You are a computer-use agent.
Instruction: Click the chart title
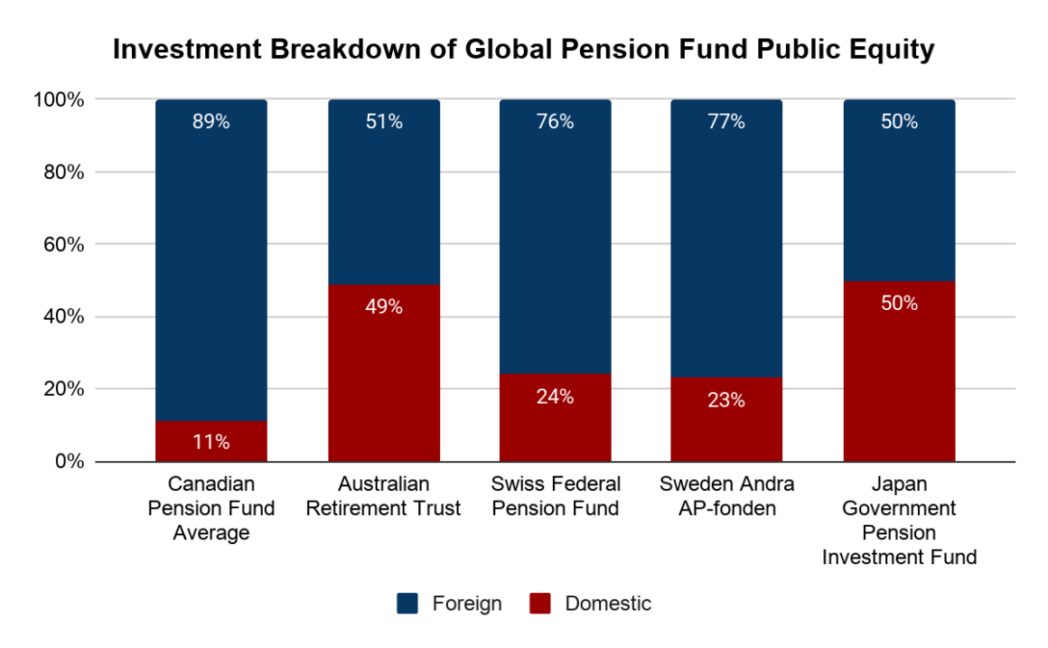pos(523,51)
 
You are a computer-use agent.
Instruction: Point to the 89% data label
pos(211,122)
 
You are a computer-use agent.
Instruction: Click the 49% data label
pos(384,307)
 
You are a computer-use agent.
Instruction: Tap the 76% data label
pos(555,122)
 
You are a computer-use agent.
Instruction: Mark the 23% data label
pos(726,400)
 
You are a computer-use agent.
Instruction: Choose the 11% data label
pos(211,442)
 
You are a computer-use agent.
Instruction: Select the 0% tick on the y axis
pos(70,462)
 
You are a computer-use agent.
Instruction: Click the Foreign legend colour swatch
pos(407,604)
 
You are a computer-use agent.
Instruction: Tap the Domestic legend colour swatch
pos(540,604)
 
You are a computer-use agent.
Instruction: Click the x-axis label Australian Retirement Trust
pos(384,496)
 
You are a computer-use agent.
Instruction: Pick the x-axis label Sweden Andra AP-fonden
pos(726,496)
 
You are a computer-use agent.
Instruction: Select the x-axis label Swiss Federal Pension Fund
pos(555,496)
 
